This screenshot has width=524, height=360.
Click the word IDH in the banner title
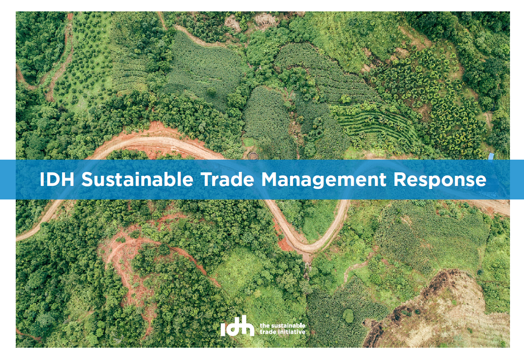57,179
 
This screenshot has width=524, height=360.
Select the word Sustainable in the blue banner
137,179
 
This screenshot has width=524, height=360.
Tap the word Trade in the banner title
227,179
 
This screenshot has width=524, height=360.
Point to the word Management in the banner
324,181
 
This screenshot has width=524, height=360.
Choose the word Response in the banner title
440,181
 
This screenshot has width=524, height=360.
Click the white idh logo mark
237,326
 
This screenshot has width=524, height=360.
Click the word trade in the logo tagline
268,332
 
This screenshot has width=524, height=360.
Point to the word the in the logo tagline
264,325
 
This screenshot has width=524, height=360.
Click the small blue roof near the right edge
491,157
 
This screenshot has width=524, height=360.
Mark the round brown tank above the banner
253,155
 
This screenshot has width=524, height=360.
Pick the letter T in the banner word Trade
206,179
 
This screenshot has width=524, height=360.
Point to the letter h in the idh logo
248,325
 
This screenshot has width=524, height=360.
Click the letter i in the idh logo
223,329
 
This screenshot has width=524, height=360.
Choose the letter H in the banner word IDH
68,179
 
